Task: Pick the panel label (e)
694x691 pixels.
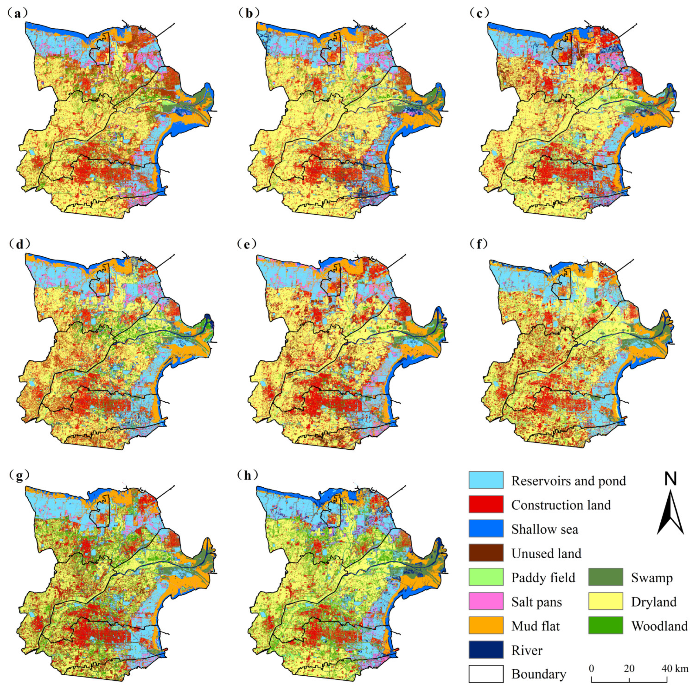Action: pos(248,244)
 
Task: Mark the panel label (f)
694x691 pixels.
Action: pos(479,244)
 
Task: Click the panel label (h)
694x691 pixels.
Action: pos(248,475)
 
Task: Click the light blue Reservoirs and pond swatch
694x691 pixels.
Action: pos(486,480)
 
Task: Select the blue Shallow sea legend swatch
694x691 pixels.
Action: pos(486,529)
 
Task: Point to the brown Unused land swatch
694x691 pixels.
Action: pos(486,553)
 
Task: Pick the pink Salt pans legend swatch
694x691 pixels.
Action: pos(486,601)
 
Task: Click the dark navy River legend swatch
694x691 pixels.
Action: pos(486,650)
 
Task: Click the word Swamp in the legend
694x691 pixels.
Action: pos(652,578)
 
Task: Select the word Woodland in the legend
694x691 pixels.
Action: pos(660,626)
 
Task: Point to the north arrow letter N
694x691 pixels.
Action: pos(670,479)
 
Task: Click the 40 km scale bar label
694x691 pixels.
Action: pos(675,668)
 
